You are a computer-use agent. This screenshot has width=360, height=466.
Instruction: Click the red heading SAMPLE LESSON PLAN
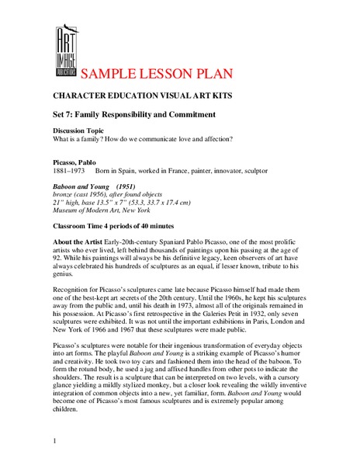157,75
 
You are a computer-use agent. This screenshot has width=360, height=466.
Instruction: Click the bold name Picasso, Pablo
75,162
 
